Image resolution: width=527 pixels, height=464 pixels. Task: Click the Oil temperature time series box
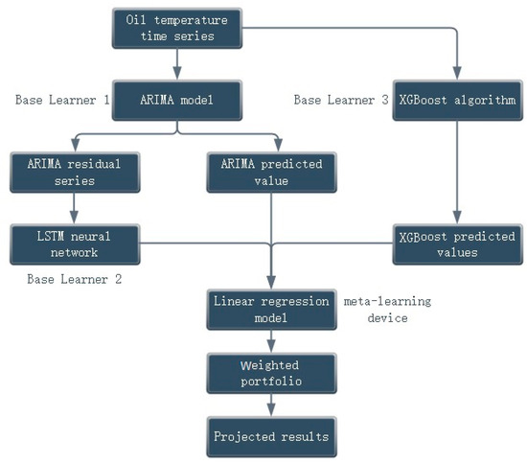click(176, 27)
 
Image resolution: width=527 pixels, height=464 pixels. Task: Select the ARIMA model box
click(175, 99)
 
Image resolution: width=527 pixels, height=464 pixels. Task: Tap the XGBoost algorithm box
click(458, 99)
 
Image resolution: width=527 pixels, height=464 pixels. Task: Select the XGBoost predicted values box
click(458, 243)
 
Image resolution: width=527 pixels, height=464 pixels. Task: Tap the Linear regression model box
click(270, 309)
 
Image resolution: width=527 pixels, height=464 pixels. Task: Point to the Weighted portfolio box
click(270, 372)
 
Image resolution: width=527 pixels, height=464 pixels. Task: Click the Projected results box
click(270, 436)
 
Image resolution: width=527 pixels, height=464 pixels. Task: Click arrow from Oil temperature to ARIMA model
click(176, 62)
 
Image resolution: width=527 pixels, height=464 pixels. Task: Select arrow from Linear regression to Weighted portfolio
click(270, 340)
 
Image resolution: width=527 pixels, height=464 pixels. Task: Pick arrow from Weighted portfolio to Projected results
click(270, 404)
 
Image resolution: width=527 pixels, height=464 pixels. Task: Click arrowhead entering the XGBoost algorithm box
click(458, 73)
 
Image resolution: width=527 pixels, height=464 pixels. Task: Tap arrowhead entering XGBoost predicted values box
click(458, 218)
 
